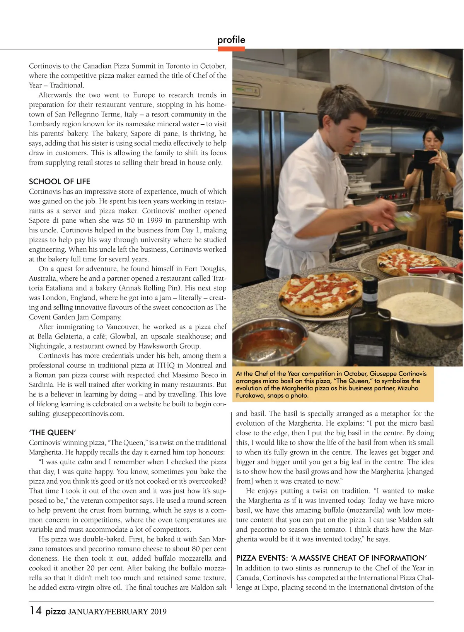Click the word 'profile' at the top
[231, 40]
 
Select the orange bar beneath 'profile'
[231, 49]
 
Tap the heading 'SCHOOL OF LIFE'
[60, 181]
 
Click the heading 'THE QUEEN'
[52, 433]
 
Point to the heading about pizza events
[331, 558]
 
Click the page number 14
[35, 611]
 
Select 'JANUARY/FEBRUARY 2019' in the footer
[118, 612]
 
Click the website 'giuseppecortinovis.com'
[88, 414]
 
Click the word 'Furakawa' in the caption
[251, 396]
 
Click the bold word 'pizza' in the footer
[55, 611]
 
